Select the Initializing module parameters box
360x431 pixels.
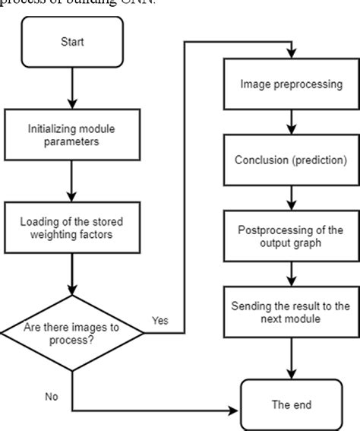click(x=72, y=135)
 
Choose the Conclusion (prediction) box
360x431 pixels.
click(x=290, y=160)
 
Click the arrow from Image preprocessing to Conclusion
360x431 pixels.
click(x=290, y=123)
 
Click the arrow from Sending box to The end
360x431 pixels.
click(x=290, y=353)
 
